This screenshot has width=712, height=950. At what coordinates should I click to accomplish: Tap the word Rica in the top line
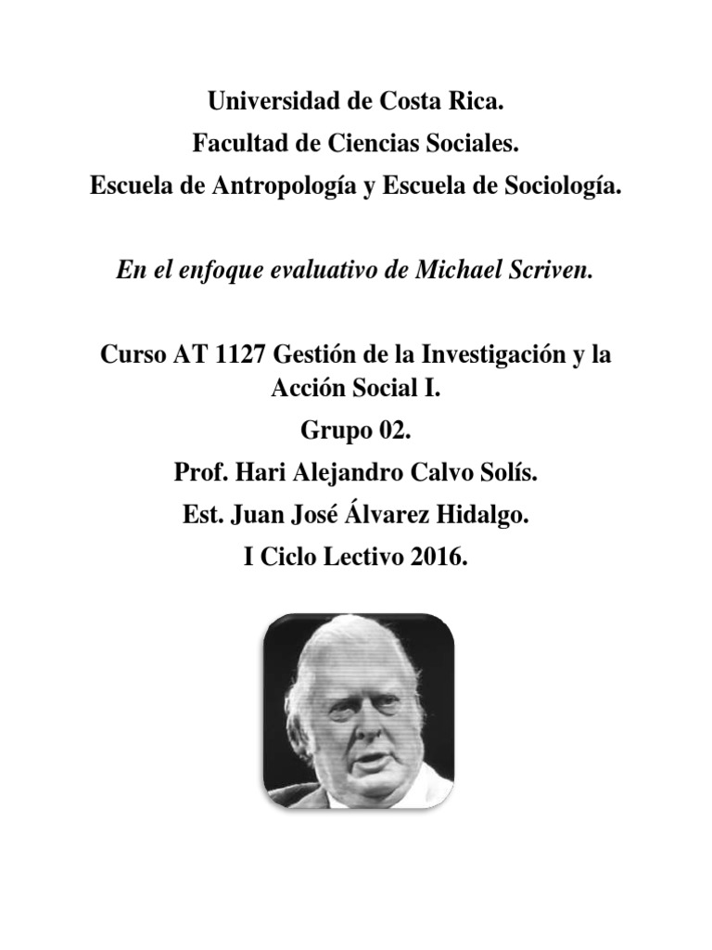[477, 103]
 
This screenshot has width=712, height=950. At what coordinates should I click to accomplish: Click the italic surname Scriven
[554, 270]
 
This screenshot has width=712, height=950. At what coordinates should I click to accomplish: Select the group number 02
[390, 431]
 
